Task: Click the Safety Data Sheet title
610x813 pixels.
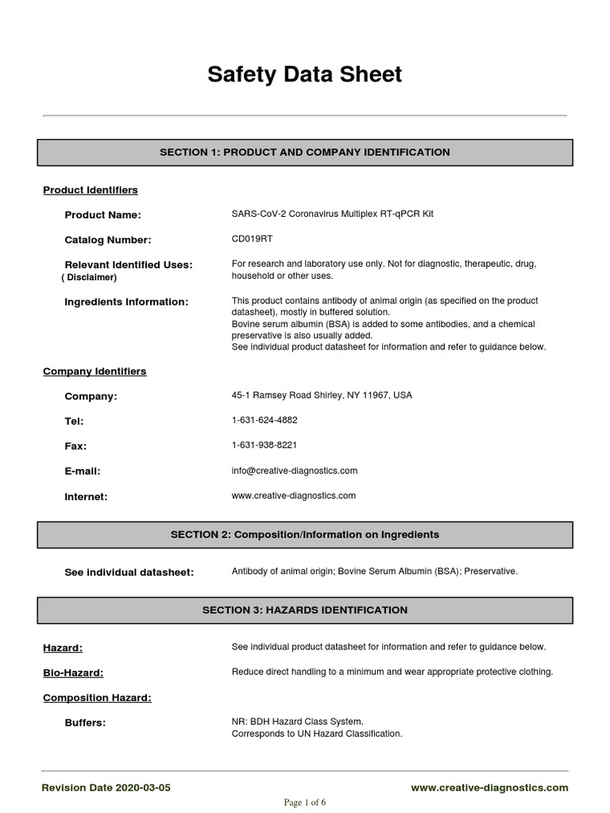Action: (x=305, y=75)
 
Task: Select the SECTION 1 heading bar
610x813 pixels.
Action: (x=305, y=152)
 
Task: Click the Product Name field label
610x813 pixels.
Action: (x=102, y=215)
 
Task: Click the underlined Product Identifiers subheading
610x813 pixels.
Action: (x=90, y=190)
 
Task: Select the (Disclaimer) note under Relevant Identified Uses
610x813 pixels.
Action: (x=89, y=277)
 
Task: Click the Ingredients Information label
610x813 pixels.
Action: (x=126, y=302)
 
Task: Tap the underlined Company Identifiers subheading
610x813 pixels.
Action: (x=95, y=371)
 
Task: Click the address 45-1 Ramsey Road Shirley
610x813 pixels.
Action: (x=322, y=395)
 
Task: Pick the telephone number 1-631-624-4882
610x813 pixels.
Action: (x=264, y=420)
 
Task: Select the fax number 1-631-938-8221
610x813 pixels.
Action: (x=264, y=445)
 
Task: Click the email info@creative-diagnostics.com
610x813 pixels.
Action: (x=294, y=470)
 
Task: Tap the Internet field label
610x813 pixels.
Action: (x=86, y=496)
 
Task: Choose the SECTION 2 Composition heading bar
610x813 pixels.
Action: (x=305, y=534)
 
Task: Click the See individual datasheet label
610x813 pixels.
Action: (x=129, y=572)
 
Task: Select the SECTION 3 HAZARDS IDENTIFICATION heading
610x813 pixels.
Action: (x=305, y=610)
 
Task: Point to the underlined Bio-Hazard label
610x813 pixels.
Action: (x=73, y=672)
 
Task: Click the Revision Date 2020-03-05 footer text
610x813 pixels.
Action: (x=106, y=788)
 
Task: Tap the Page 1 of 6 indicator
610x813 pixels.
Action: (x=305, y=802)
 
